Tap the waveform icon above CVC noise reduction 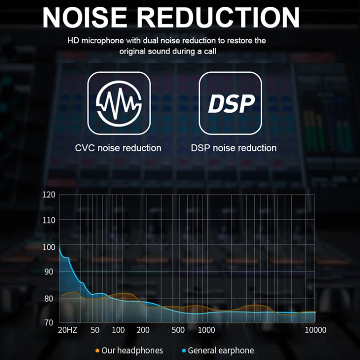click(x=119, y=103)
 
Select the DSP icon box click(x=230, y=103)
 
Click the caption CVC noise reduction click(x=118, y=148)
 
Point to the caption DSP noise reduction click(x=234, y=148)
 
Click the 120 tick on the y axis click(x=49, y=195)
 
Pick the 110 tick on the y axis click(x=49, y=220)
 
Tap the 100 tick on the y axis click(x=49, y=247)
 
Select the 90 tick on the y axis click(x=49, y=271)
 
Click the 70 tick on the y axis click(x=49, y=323)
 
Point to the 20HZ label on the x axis click(x=68, y=330)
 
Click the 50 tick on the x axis click(x=95, y=330)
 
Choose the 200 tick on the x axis click(x=143, y=330)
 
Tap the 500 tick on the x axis click(x=178, y=330)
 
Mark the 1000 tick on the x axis click(x=207, y=330)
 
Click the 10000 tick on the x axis click(x=315, y=330)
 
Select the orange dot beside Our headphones click(x=97, y=351)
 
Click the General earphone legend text click(x=220, y=351)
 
